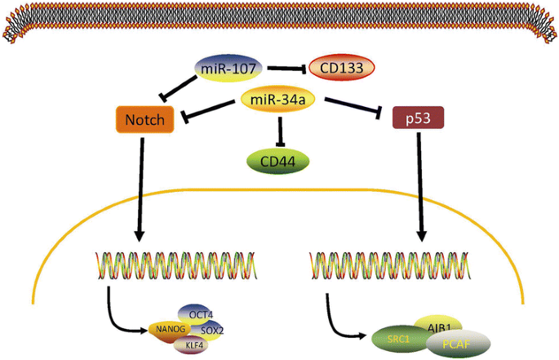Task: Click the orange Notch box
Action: [144, 121]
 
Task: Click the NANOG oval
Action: [166, 330]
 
